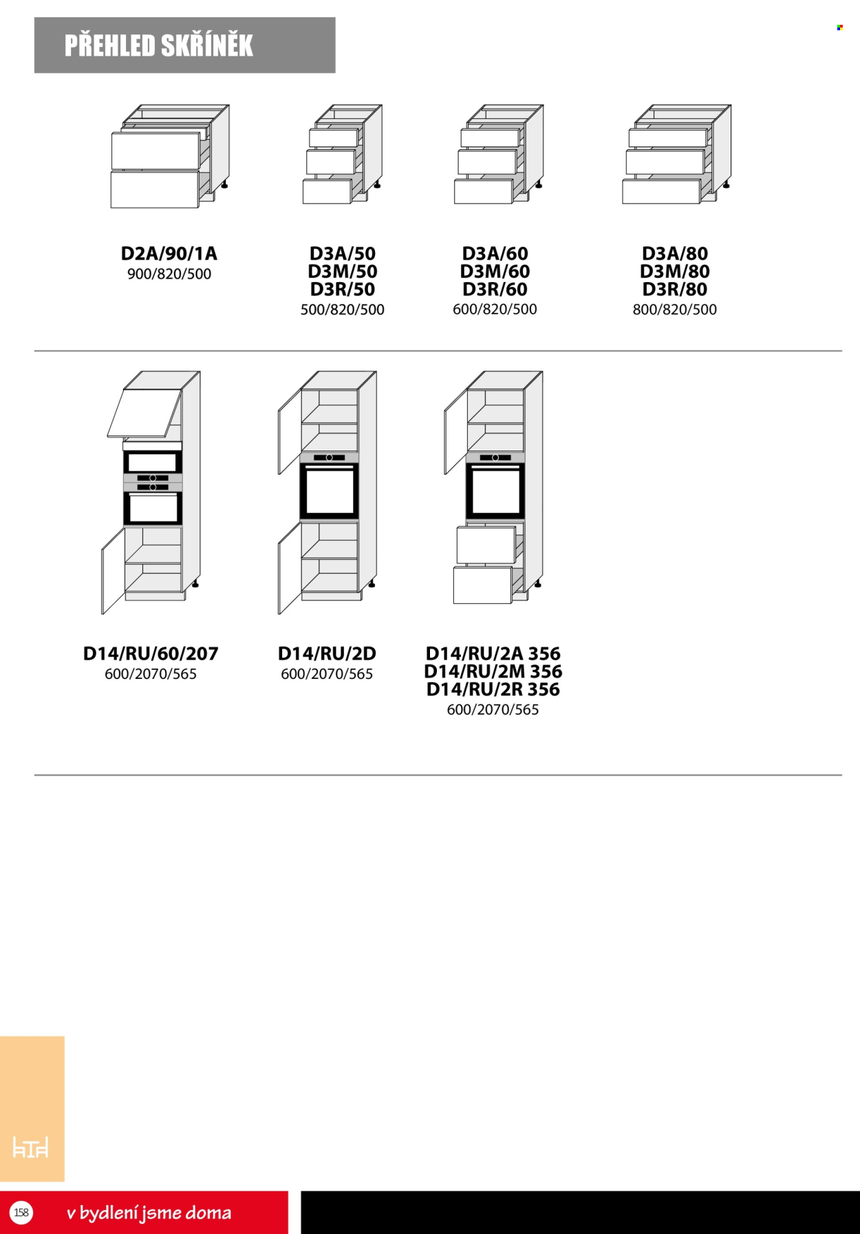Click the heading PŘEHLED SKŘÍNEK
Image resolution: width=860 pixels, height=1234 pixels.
point(159,45)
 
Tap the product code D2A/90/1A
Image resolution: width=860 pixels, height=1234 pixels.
point(169,254)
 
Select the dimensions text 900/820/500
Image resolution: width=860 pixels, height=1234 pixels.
point(169,274)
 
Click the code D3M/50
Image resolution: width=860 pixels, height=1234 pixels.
point(343,272)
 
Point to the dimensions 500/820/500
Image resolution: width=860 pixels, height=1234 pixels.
point(343,310)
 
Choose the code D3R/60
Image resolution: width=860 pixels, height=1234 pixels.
point(495,290)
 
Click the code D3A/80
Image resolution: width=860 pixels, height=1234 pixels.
point(675,254)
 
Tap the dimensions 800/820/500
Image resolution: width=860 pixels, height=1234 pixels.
point(675,310)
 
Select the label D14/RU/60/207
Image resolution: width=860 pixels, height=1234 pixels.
point(151,653)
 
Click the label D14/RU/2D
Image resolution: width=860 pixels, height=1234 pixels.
point(327,653)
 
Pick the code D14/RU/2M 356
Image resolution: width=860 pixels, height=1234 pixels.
point(493,671)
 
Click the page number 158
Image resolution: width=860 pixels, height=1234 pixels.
point(21,1212)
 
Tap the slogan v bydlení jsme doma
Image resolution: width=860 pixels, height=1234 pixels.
point(149,1213)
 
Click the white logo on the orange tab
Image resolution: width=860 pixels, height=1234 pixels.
point(31,1147)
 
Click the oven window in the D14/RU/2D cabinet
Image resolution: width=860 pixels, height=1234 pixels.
point(329,491)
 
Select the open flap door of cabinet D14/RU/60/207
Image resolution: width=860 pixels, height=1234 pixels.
point(144,413)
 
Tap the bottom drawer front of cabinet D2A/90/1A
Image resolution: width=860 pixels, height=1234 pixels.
point(155,190)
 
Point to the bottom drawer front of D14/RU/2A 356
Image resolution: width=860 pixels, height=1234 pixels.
point(482,585)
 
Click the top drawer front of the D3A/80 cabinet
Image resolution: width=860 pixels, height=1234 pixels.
point(667,138)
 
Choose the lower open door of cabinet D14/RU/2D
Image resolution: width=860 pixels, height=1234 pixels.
point(290,568)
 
